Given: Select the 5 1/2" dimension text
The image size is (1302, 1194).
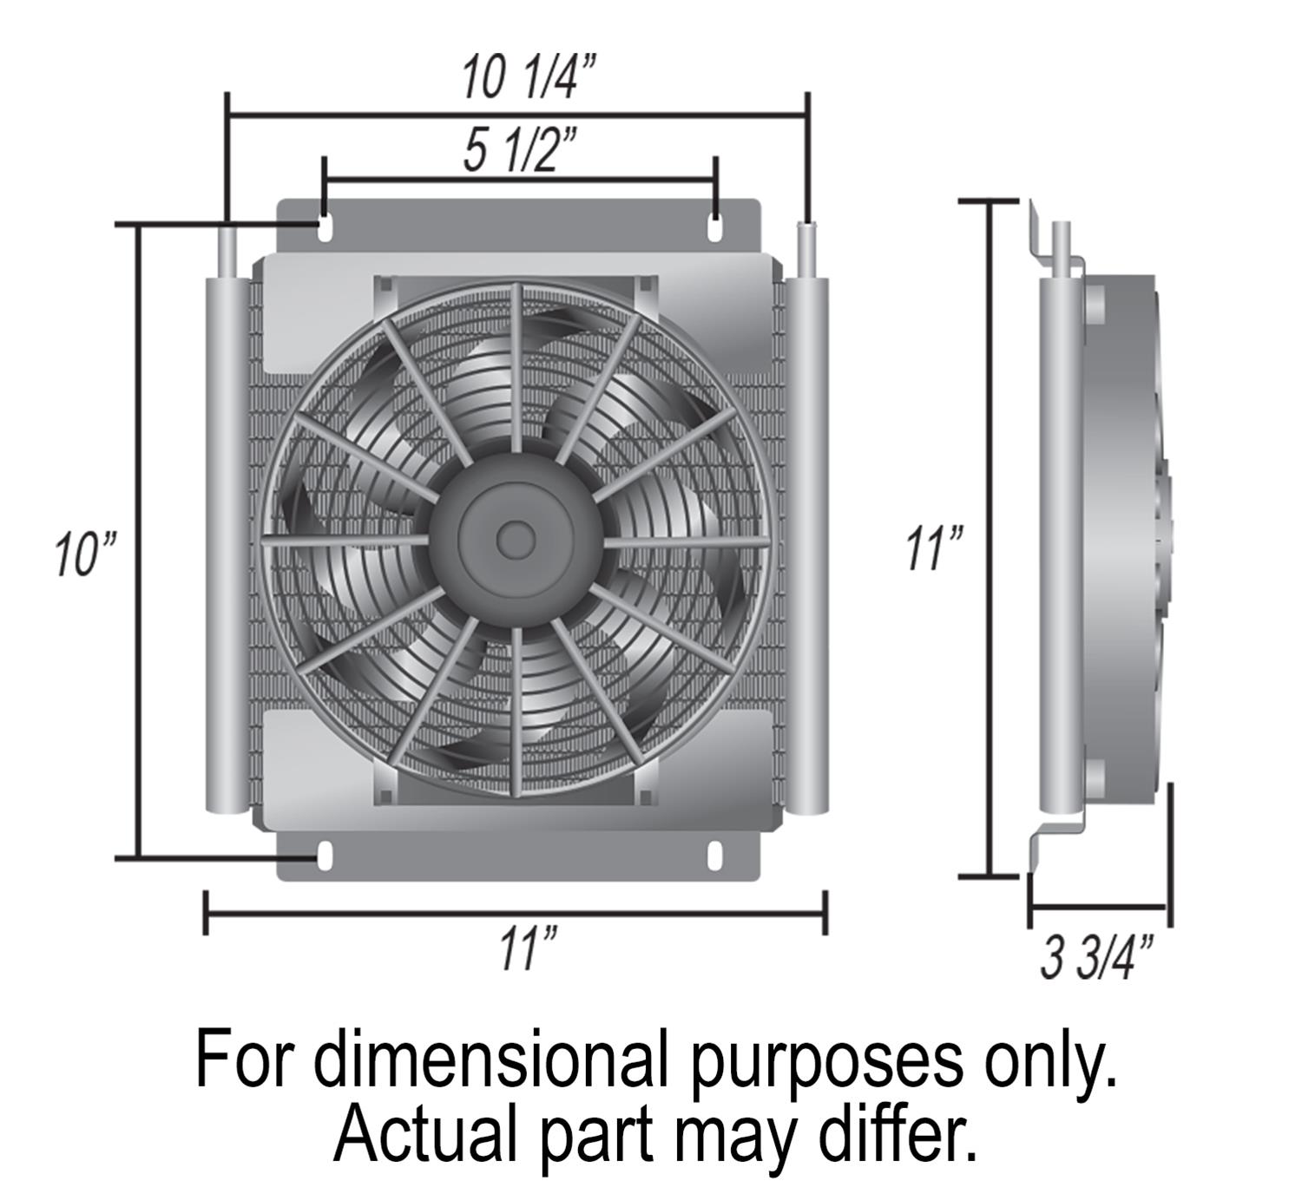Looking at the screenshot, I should point(520,152).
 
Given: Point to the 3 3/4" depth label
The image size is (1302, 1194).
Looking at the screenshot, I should point(1097,957).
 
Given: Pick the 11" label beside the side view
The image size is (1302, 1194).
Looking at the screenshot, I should point(933,548).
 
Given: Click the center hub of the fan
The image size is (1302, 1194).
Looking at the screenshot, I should point(515,538).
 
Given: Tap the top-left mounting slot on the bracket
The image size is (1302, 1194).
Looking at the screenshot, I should point(324,228).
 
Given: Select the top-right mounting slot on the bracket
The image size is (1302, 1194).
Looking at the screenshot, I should point(716,228).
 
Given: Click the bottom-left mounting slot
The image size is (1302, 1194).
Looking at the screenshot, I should point(324,855).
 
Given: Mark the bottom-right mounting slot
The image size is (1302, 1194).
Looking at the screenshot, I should point(714,855).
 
